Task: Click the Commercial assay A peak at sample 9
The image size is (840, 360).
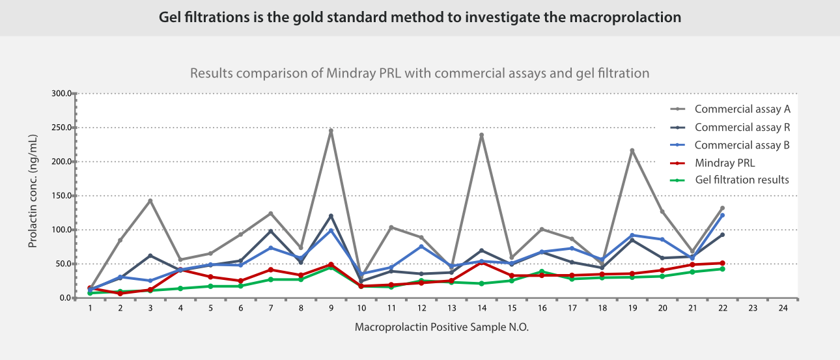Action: [331, 131]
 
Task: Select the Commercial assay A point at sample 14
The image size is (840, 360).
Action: [481, 135]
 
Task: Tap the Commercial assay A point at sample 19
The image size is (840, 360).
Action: [632, 150]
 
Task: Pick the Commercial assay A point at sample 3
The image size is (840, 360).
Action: [150, 201]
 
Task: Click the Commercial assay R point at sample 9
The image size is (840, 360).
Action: [331, 216]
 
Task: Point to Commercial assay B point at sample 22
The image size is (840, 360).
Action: [722, 215]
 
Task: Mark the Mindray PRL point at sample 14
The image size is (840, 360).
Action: [481, 262]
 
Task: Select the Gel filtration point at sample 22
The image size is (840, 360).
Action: [722, 269]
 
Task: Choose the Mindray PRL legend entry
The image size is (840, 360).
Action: [724, 163]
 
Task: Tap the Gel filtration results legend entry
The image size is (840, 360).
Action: [742, 180]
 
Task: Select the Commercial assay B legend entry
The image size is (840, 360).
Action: [742, 145]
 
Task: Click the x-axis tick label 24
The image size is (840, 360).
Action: [783, 308]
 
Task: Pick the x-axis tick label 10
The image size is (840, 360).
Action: [361, 308]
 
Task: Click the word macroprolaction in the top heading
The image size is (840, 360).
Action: [625, 18]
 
